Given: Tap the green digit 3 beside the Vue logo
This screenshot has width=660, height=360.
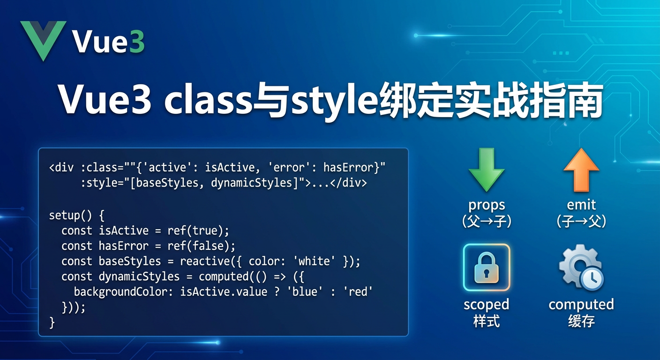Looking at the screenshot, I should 136,43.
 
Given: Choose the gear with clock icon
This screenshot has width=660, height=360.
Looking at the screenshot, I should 580,267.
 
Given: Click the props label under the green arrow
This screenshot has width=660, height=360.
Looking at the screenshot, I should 487,205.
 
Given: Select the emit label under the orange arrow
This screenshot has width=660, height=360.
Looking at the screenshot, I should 581,205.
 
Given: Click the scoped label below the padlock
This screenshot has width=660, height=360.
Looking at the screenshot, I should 486,305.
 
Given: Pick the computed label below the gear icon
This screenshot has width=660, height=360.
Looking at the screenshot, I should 581,305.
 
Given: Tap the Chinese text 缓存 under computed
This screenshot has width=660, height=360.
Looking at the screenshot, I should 581,322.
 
